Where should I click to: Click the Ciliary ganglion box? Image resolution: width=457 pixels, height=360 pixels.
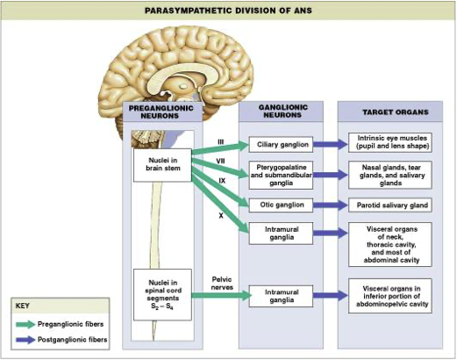tap(281, 144)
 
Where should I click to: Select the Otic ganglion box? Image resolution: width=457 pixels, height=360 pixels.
tap(281, 205)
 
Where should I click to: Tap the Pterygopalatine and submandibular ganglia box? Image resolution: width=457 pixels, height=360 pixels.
tap(281, 175)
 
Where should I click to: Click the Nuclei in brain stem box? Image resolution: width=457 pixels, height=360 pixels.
tap(162, 165)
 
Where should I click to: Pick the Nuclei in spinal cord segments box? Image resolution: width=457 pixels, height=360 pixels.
tap(162, 295)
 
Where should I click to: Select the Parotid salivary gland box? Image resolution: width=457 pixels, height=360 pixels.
tap(390, 205)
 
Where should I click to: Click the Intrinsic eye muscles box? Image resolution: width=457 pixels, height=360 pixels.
tap(390, 142)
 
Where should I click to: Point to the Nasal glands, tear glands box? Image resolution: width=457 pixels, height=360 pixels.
tap(390, 175)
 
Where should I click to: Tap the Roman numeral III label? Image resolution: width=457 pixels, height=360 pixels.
tap(221, 142)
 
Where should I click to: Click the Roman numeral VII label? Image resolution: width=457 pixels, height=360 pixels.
tap(220, 161)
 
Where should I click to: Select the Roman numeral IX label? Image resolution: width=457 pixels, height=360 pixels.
tap(222, 181)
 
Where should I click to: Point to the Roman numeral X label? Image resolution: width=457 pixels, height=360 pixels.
tap(221, 216)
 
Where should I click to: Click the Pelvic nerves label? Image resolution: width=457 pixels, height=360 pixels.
tap(222, 284)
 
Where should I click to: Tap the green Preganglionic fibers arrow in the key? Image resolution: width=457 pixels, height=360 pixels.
tap(25, 324)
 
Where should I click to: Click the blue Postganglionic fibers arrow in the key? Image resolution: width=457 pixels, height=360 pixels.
tap(25, 340)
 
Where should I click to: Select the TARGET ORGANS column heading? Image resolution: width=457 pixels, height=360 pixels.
tap(396, 112)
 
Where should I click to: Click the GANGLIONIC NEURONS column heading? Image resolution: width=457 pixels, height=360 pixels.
tap(282, 112)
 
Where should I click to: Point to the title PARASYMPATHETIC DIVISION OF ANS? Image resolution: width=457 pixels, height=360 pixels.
tap(228, 11)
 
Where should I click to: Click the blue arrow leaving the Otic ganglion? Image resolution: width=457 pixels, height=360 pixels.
tap(331, 205)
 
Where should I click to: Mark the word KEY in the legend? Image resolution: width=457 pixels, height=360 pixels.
tap(22, 306)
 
